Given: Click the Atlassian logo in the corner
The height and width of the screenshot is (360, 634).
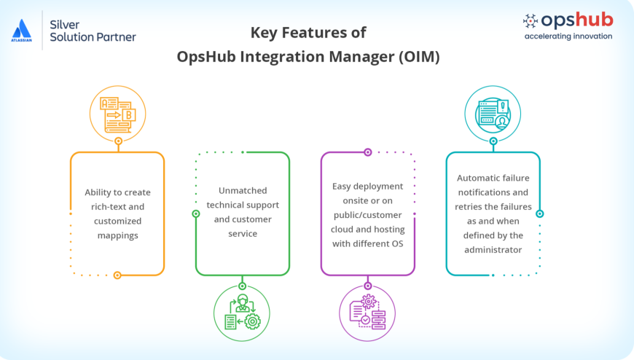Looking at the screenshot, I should pyautogui.click(x=22, y=31).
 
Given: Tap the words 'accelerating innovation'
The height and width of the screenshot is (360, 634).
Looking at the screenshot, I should pyautogui.click(x=568, y=36).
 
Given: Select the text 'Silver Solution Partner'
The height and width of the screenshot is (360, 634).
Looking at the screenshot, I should pyautogui.click(x=92, y=30).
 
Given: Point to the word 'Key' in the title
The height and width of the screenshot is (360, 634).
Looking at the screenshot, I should pyautogui.click(x=265, y=33).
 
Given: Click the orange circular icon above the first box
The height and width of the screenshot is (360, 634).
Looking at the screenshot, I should pyautogui.click(x=117, y=113).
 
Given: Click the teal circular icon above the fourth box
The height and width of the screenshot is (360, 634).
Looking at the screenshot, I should pyautogui.click(x=493, y=113).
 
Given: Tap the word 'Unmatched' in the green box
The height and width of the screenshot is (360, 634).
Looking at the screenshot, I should pyautogui.click(x=243, y=192).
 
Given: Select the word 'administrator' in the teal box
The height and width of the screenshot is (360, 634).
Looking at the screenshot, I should pyautogui.click(x=493, y=249).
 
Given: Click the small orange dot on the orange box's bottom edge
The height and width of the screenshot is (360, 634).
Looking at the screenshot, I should pyautogui.click(x=117, y=275).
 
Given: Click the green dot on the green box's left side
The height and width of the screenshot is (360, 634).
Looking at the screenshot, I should pyautogui.click(x=195, y=214).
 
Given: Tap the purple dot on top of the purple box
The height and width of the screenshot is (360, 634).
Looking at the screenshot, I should pyautogui.click(x=368, y=152).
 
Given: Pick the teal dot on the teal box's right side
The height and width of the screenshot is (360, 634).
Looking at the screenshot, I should pyautogui.click(x=540, y=214).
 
